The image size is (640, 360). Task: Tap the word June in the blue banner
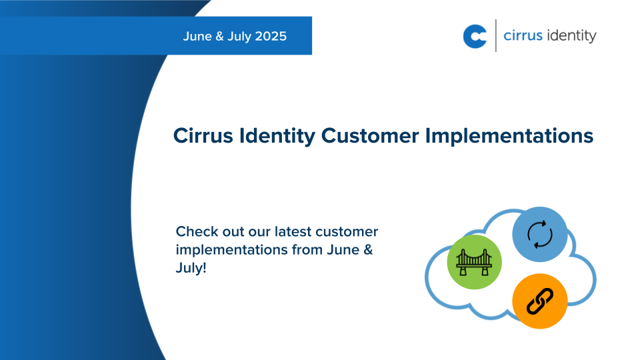point(197,36)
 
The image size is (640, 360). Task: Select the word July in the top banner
point(238,36)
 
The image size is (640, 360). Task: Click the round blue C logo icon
point(475,36)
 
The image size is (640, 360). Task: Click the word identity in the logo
point(571,36)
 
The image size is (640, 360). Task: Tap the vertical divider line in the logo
point(496,36)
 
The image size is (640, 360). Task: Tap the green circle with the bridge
point(474,262)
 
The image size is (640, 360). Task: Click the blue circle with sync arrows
point(539,235)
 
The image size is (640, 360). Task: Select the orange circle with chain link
point(539,301)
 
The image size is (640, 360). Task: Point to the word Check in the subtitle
point(195,232)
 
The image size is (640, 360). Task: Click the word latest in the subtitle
point(292,232)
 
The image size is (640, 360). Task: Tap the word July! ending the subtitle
point(191,269)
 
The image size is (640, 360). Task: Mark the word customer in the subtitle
point(348,232)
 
